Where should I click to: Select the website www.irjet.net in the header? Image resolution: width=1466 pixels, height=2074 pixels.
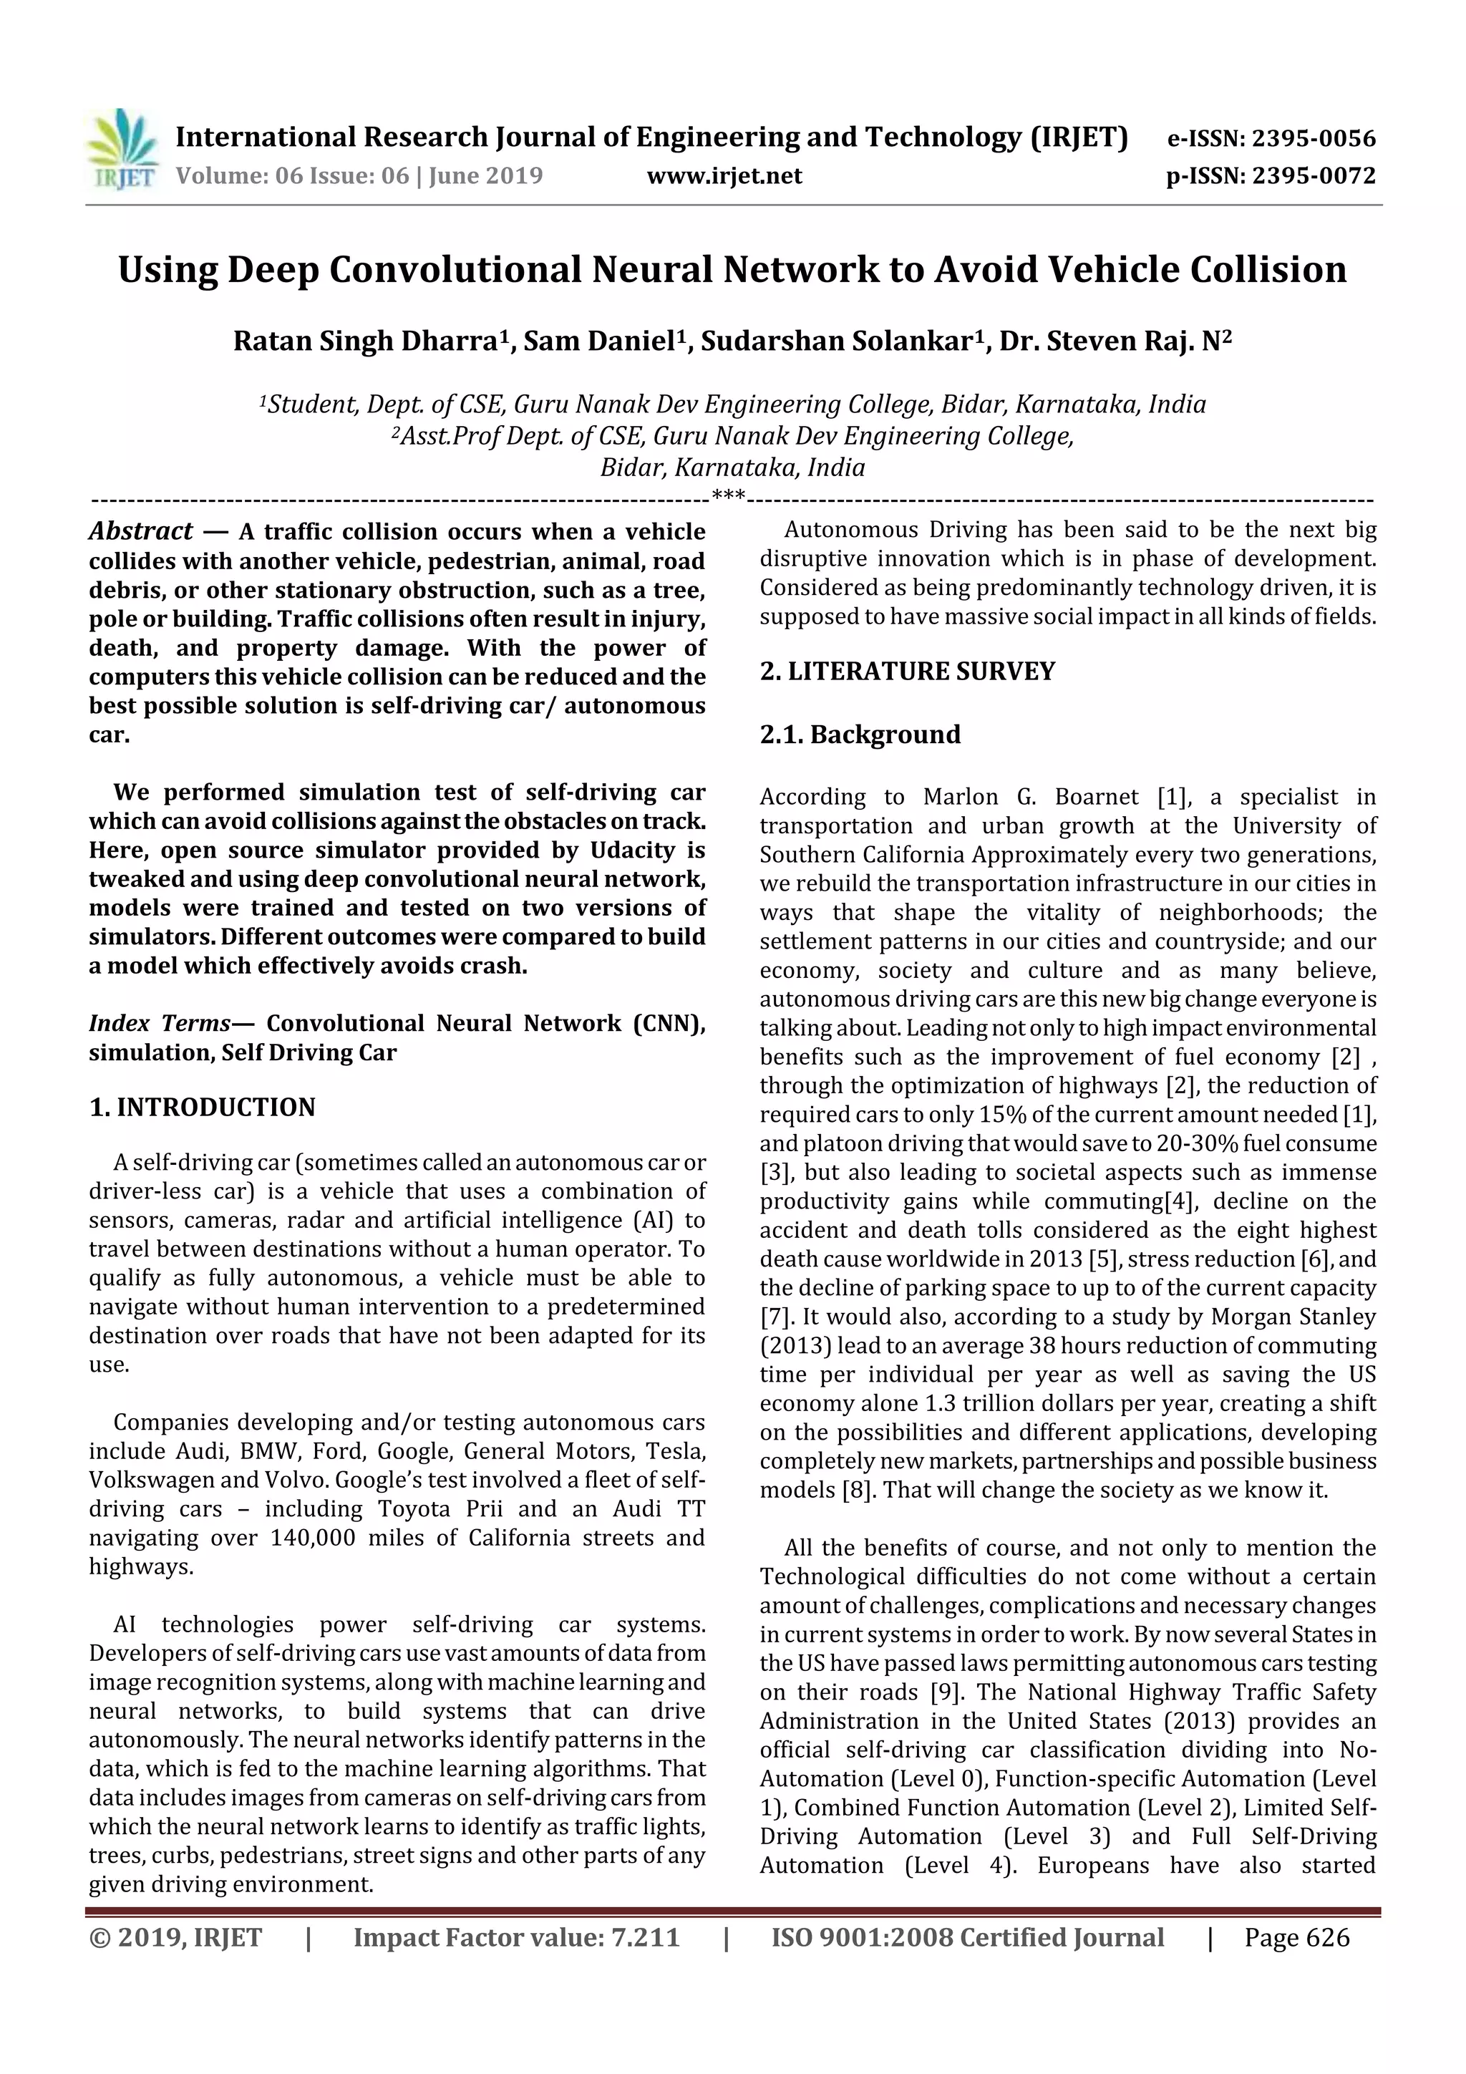coord(724,176)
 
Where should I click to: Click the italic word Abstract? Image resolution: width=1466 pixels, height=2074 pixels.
coord(141,531)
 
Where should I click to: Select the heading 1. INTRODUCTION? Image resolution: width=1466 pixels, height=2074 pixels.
coord(203,1108)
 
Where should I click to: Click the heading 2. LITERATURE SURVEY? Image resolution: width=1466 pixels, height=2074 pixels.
coord(907,671)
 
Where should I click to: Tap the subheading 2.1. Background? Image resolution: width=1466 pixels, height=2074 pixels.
coord(859,735)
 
